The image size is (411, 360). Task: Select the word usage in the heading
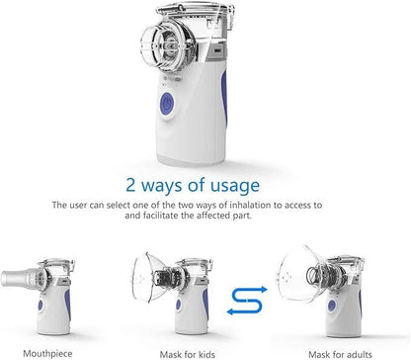pyautogui.click(x=235, y=185)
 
